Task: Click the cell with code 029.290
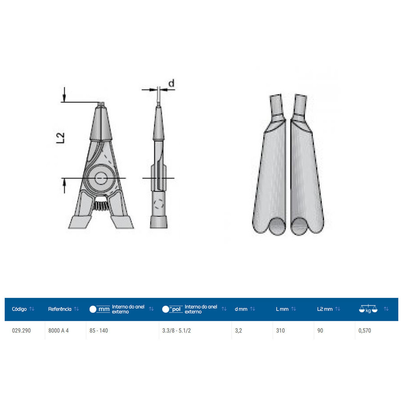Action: point(21,331)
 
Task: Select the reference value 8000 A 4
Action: point(58,331)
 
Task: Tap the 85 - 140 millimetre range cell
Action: point(99,331)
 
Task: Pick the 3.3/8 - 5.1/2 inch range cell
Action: point(176,331)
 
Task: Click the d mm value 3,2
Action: point(238,331)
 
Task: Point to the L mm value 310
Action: point(280,331)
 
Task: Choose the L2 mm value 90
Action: point(320,331)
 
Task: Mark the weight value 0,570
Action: point(365,331)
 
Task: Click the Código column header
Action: point(19,309)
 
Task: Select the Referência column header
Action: point(60,309)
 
